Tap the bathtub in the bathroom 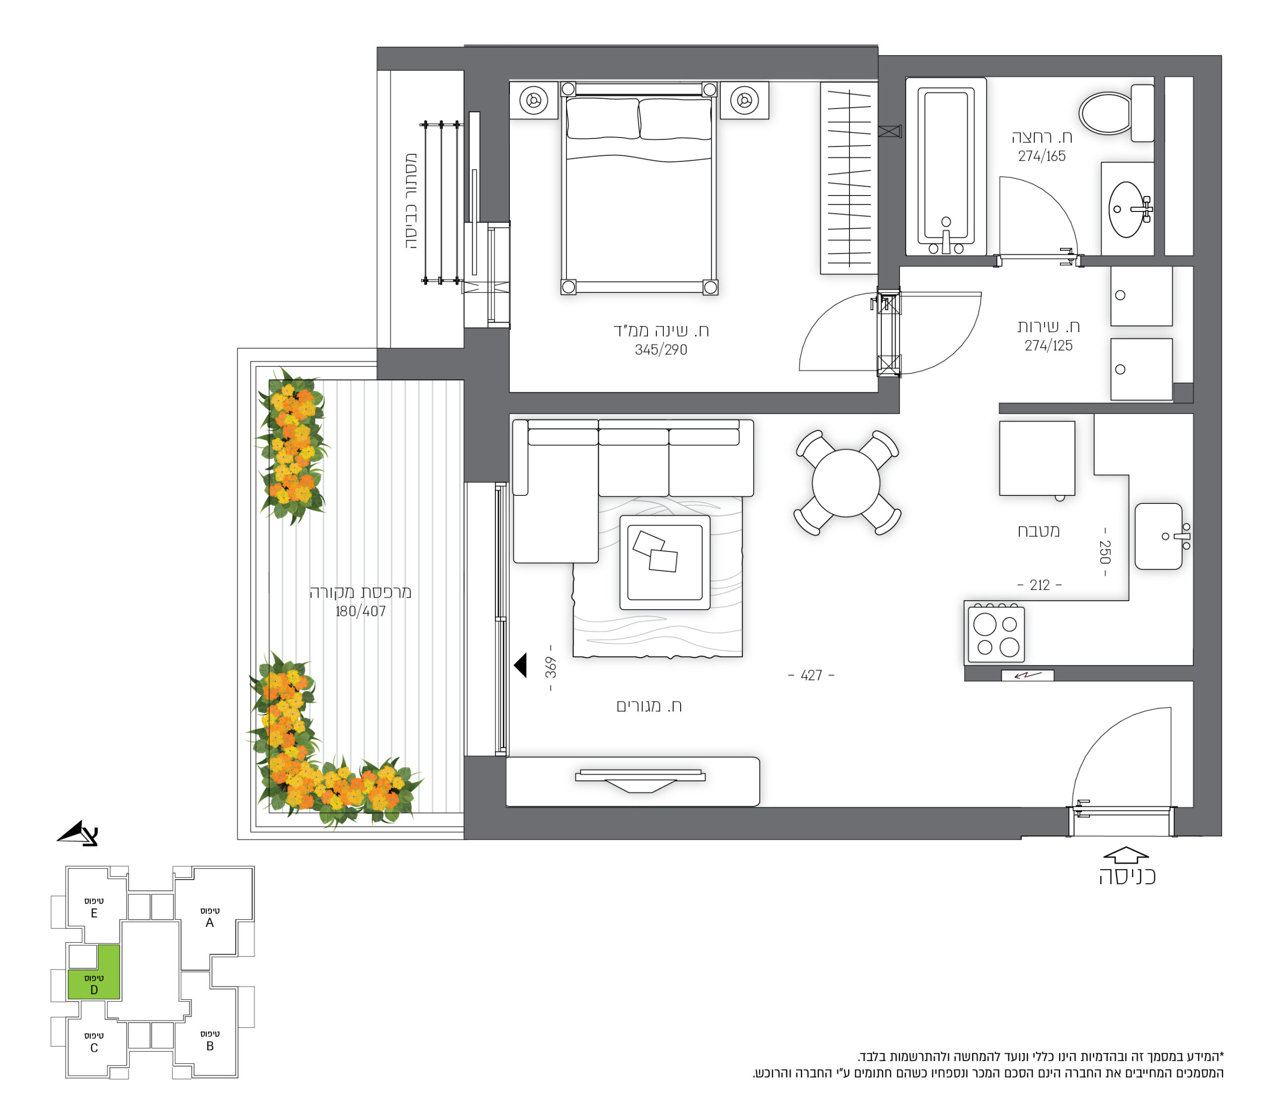946,166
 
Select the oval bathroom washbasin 1126,209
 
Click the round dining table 846,483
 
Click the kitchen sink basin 1159,536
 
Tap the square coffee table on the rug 664,562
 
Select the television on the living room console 640,780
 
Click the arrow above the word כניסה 1126,855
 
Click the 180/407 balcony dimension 360,611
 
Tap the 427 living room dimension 811,675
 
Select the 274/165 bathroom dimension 1042,156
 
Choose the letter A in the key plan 210,922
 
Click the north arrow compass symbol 78,832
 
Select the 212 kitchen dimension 1040,585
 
